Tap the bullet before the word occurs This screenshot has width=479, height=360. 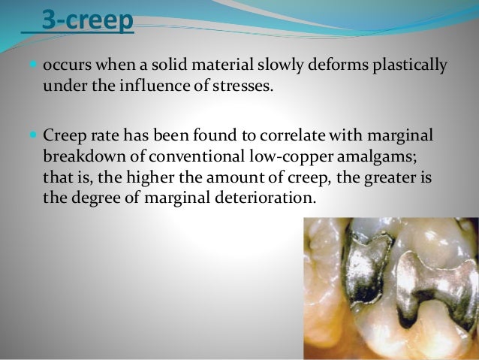point(34,65)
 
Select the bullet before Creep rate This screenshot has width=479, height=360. point(34,135)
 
